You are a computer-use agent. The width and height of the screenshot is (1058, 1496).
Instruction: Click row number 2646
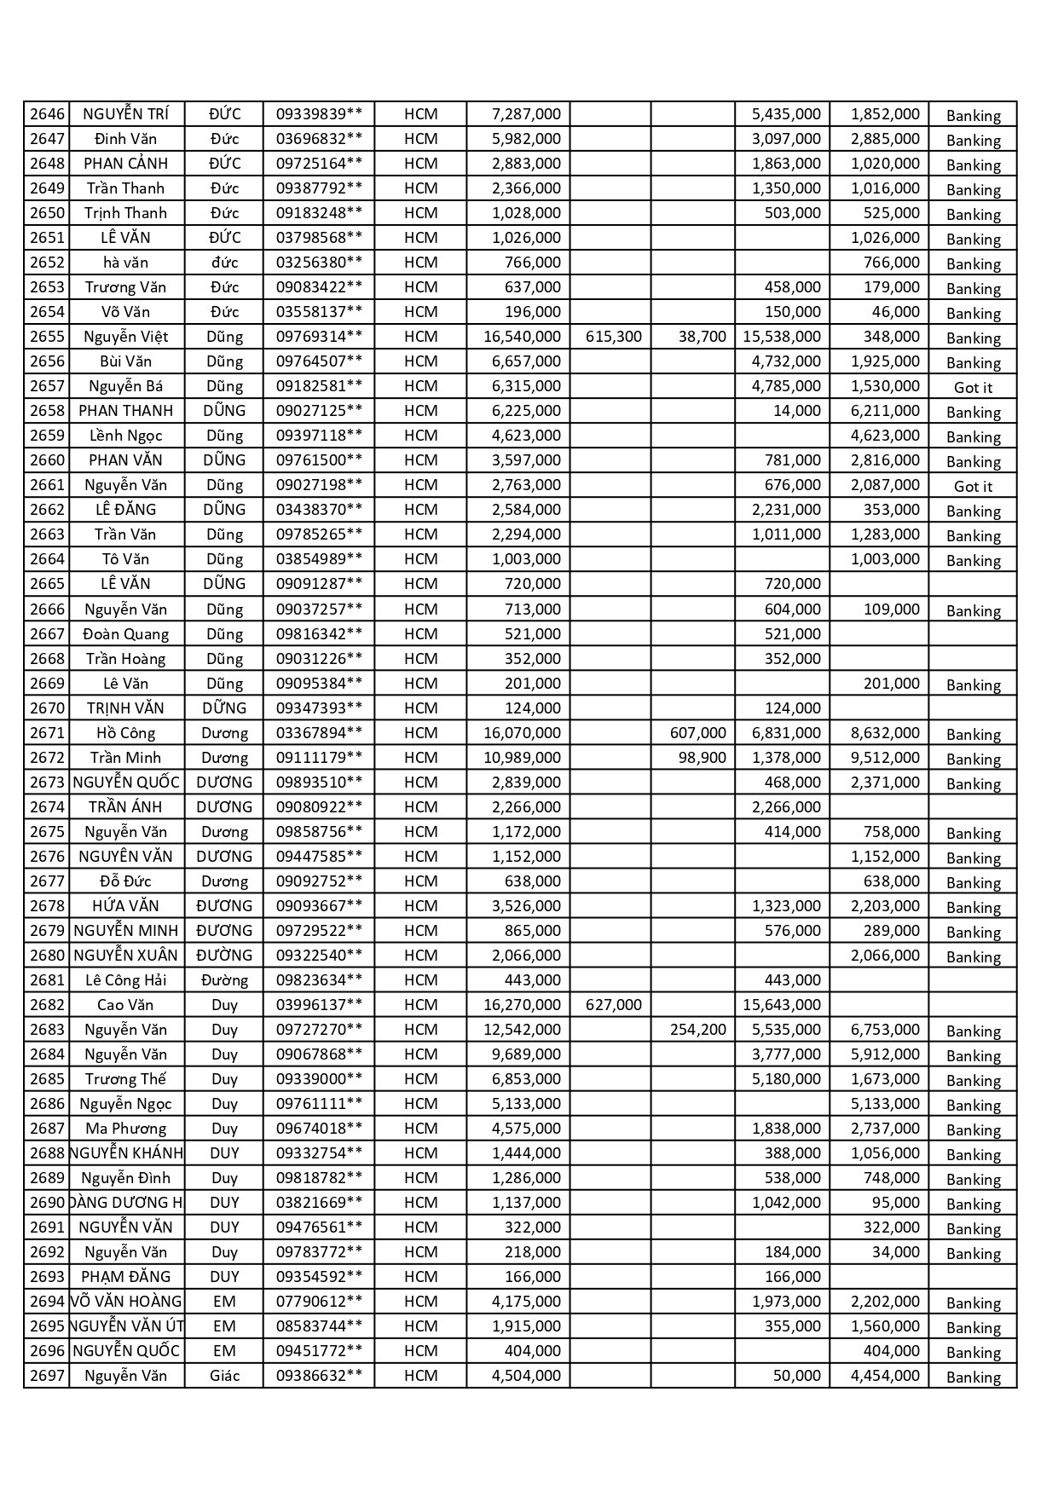47,114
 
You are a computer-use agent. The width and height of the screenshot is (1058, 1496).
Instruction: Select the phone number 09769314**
319,337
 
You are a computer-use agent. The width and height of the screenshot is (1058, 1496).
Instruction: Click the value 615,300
614,337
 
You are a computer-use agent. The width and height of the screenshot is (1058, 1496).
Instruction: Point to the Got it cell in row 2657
973,387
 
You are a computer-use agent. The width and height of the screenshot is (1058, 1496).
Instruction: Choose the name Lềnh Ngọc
125,436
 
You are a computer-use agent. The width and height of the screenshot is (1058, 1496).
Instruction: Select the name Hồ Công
125,733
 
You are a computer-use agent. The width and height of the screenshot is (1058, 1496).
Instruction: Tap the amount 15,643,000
782,1005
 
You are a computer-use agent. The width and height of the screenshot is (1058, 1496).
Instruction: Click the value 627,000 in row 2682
614,1005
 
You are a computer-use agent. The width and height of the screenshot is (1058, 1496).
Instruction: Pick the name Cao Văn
125,1005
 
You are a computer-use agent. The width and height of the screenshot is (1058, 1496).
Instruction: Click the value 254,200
697,1030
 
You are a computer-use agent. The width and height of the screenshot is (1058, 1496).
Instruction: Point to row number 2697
47,1376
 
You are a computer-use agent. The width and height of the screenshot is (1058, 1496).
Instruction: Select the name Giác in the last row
224,1376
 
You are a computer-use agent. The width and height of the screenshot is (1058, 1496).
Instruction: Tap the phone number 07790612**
319,1302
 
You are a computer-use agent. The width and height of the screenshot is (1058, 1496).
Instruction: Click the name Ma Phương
125,1129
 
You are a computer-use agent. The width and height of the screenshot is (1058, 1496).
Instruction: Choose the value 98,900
702,758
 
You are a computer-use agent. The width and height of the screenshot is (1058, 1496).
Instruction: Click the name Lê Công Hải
125,980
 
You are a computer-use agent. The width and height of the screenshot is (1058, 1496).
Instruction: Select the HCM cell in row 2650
420,213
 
